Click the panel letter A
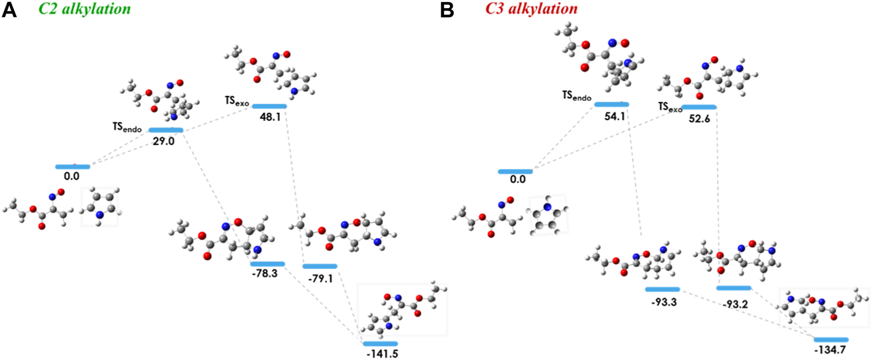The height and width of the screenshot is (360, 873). [x=9, y=10]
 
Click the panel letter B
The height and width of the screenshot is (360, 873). [x=447, y=10]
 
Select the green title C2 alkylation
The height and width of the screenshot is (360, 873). [x=84, y=9]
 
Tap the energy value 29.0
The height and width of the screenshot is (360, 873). [x=163, y=141]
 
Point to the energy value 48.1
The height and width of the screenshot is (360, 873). [x=270, y=117]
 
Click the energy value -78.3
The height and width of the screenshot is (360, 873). [x=265, y=274]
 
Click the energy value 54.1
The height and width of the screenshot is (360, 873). [x=615, y=117]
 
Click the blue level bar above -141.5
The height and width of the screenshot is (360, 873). [x=380, y=344]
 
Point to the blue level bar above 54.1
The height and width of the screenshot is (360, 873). [x=611, y=105]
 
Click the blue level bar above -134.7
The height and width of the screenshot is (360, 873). [x=831, y=339]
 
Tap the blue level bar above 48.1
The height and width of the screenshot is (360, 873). [x=269, y=106]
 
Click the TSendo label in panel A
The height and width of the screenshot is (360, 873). [x=127, y=127]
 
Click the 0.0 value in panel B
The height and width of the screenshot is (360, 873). [x=517, y=180]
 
